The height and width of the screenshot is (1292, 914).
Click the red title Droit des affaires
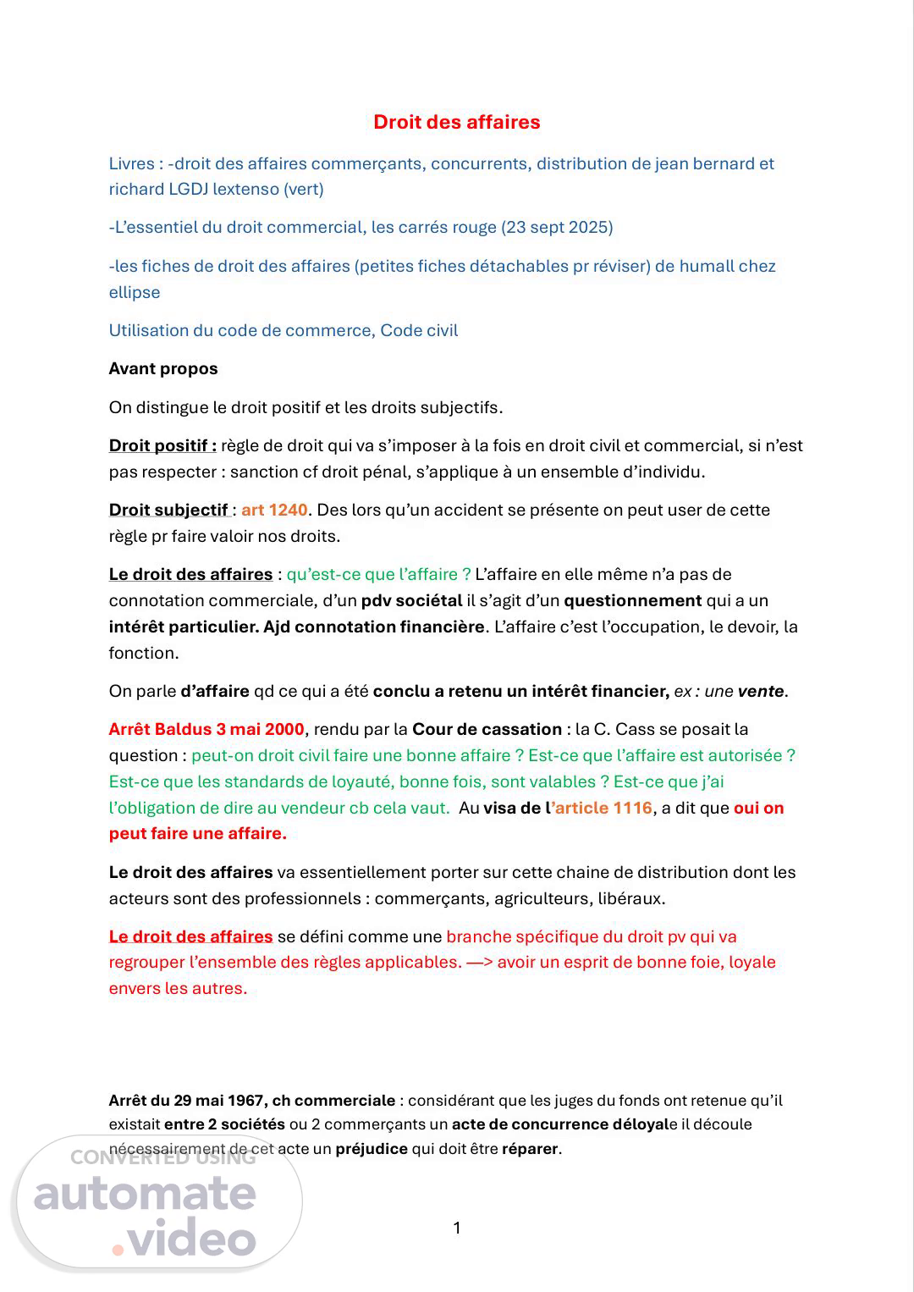point(456,122)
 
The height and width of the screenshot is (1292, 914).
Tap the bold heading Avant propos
point(163,368)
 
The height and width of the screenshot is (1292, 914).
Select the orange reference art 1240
point(274,510)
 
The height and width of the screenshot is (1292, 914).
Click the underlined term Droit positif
point(162,445)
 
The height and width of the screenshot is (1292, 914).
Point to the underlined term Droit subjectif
point(168,510)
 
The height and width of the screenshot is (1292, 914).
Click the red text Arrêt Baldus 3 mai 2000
point(206,729)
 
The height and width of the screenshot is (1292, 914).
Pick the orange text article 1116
point(603,808)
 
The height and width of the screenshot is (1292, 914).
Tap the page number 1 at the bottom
point(457,1228)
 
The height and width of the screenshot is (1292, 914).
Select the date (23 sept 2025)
point(557,227)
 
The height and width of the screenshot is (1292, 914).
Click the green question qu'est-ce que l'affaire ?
point(378,574)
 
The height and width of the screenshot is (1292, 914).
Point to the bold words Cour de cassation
point(487,729)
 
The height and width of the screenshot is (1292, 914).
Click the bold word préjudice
point(372,1149)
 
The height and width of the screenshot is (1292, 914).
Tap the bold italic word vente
point(760,691)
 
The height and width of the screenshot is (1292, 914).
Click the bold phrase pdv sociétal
point(411,600)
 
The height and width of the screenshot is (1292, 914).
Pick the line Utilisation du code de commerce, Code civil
point(283,330)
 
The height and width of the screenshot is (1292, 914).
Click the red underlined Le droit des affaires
point(190,936)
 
